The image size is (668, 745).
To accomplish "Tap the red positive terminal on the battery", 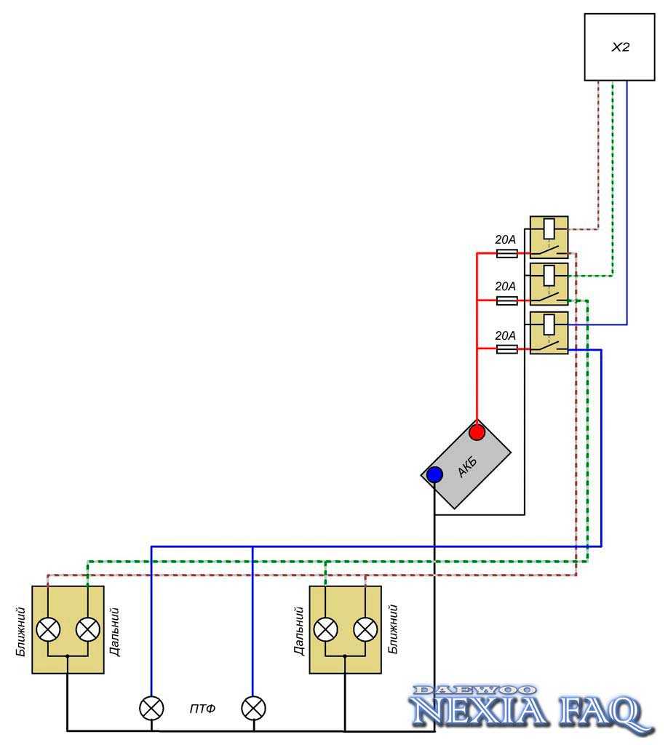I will [x=477, y=433].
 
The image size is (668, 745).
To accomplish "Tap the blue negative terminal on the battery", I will [x=434, y=475].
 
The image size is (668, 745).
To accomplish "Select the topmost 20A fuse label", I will [x=505, y=240].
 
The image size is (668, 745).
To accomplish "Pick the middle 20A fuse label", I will [x=505, y=287].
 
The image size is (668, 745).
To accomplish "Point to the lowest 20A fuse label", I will [x=505, y=336].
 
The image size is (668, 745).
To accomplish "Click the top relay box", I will [x=549, y=237].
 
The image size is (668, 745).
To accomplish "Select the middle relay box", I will [x=549, y=284].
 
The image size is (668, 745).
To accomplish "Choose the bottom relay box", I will [x=549, y=333].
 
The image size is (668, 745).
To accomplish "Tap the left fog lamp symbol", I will [x=151, y=707].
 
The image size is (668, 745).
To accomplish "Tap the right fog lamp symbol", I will [x=253, y=707].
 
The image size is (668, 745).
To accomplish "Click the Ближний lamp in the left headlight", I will [x=48, y=629].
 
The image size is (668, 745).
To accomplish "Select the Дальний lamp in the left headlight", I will [x=87, y=629].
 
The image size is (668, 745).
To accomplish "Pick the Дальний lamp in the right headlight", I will [x=325, y=629].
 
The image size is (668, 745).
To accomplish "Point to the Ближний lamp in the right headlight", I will [x=365, y=629].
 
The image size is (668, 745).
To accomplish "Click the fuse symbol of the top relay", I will [x=506, y=253].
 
